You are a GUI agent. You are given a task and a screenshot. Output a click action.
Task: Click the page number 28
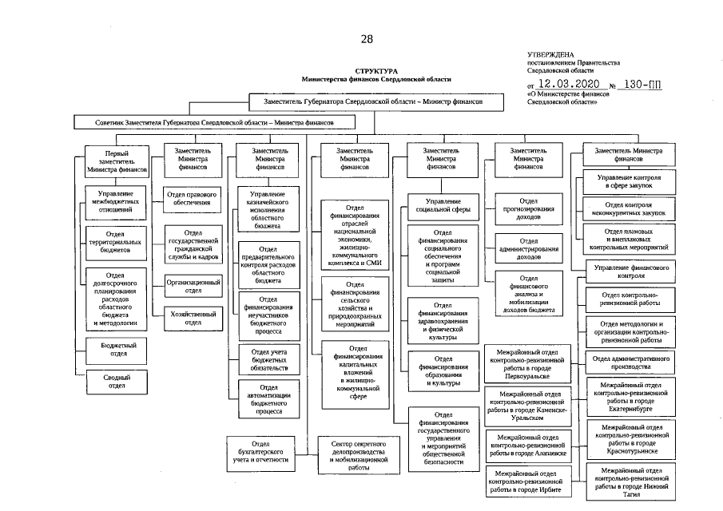(x=367, y=38)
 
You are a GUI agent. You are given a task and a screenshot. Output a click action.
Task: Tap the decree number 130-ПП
(x=643, y=84)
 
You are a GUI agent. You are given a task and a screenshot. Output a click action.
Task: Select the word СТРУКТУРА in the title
(x=375, y=71)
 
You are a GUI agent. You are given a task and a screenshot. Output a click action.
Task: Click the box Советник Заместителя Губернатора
(x=216, y=122)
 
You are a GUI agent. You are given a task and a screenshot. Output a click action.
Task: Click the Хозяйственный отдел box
(x=193, y=317)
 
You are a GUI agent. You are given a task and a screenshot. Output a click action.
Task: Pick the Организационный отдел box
(x=193, y=286)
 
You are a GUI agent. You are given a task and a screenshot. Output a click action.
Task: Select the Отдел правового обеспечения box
(x=193, y=198)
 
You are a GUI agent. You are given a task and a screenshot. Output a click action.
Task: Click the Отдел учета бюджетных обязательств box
(x=269, y=358)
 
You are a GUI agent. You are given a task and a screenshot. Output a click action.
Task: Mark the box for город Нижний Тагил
(x=632, y=483)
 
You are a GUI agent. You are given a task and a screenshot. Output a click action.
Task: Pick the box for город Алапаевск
(x=529, y=445)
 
